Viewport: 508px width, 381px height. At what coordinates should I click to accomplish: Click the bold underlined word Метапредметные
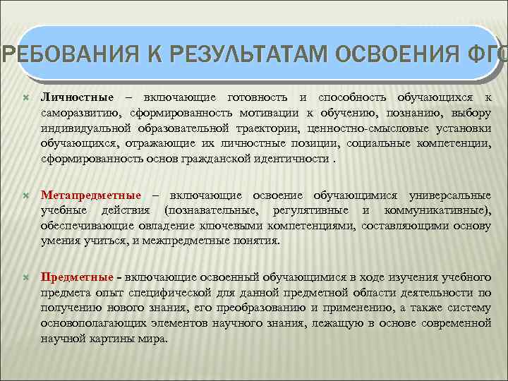(90, 195)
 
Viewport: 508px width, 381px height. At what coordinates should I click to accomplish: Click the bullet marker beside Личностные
(26, 97)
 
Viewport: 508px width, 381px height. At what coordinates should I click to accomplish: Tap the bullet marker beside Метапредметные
(26, 195)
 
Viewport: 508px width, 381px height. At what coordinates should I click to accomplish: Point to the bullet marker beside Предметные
(26, 277)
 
